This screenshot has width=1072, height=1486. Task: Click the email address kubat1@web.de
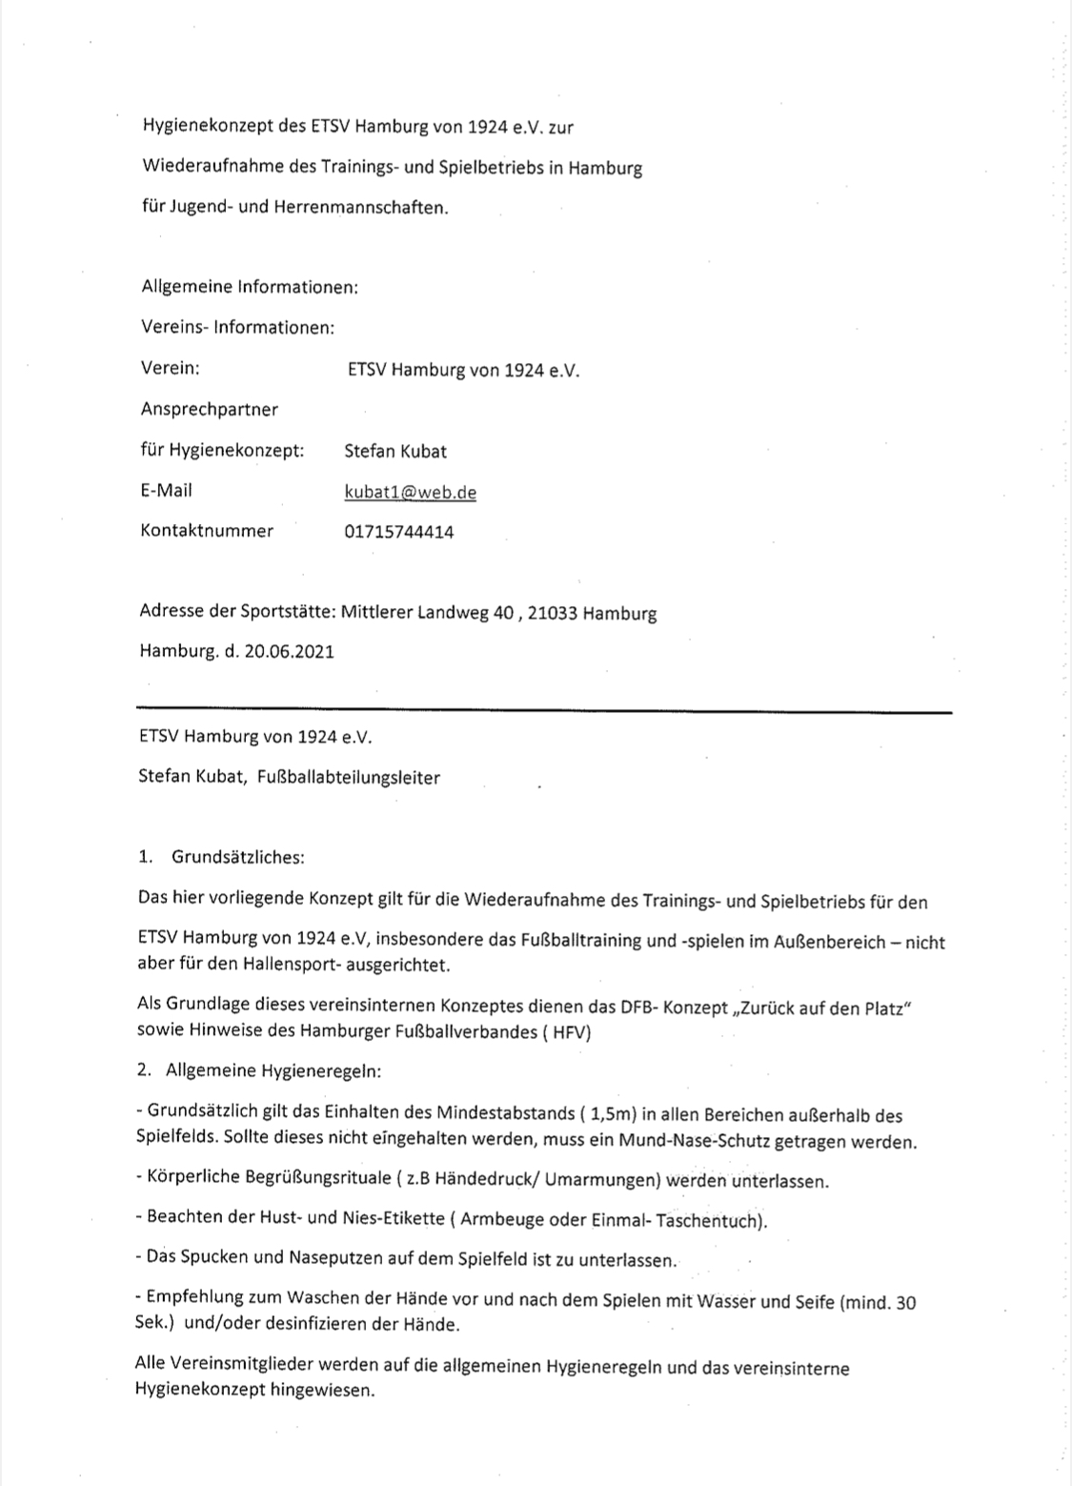(410, 493)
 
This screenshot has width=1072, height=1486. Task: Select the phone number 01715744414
(398, 533)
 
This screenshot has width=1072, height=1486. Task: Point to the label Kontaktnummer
(207, 531)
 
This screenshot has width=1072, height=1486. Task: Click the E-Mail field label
(166, 490)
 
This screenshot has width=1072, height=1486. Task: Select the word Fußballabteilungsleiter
(349, 778)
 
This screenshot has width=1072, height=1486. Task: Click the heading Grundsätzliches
(237, 857)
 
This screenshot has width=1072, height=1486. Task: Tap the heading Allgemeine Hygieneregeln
(273, 1070)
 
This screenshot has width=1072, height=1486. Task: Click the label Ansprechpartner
(210, 410)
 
